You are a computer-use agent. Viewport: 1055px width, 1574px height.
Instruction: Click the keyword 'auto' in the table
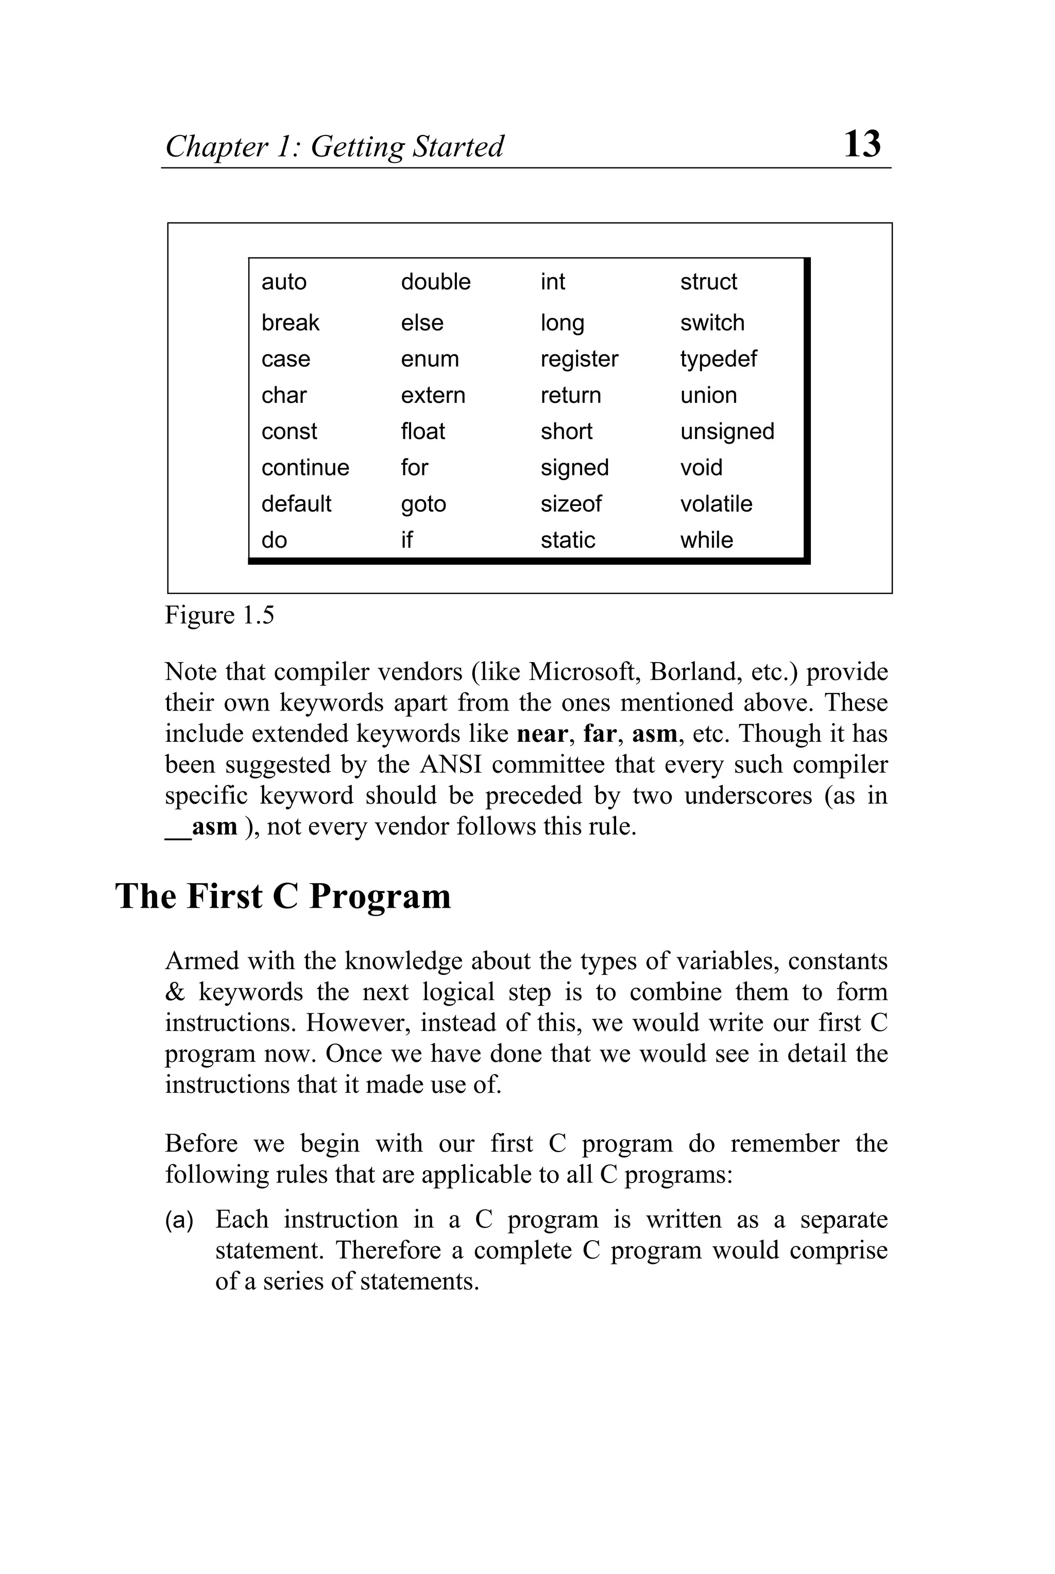tap(284, 282)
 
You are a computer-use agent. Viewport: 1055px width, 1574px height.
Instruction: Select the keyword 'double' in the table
tap(435, 281)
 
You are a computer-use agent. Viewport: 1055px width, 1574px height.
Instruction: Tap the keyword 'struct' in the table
tap(708, 281)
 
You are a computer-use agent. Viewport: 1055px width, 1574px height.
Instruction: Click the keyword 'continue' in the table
tap(305, 468)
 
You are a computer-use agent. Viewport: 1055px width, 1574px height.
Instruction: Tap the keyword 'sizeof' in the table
tap(571, 504)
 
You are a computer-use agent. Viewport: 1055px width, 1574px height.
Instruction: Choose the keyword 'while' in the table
tap(706, 540)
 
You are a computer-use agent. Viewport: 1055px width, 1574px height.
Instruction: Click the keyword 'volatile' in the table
tap(716, 504)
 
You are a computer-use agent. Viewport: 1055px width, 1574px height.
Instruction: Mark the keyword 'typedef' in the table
tap(718, 359)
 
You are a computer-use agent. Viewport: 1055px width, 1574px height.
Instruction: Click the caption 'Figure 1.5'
tap(219, 616)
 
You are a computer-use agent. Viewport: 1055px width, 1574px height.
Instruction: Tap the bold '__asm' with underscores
tap(201, 827)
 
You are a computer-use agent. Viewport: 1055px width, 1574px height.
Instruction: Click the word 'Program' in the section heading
tap(380, 897)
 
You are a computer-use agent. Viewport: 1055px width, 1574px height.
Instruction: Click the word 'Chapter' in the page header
tap(216, 147)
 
